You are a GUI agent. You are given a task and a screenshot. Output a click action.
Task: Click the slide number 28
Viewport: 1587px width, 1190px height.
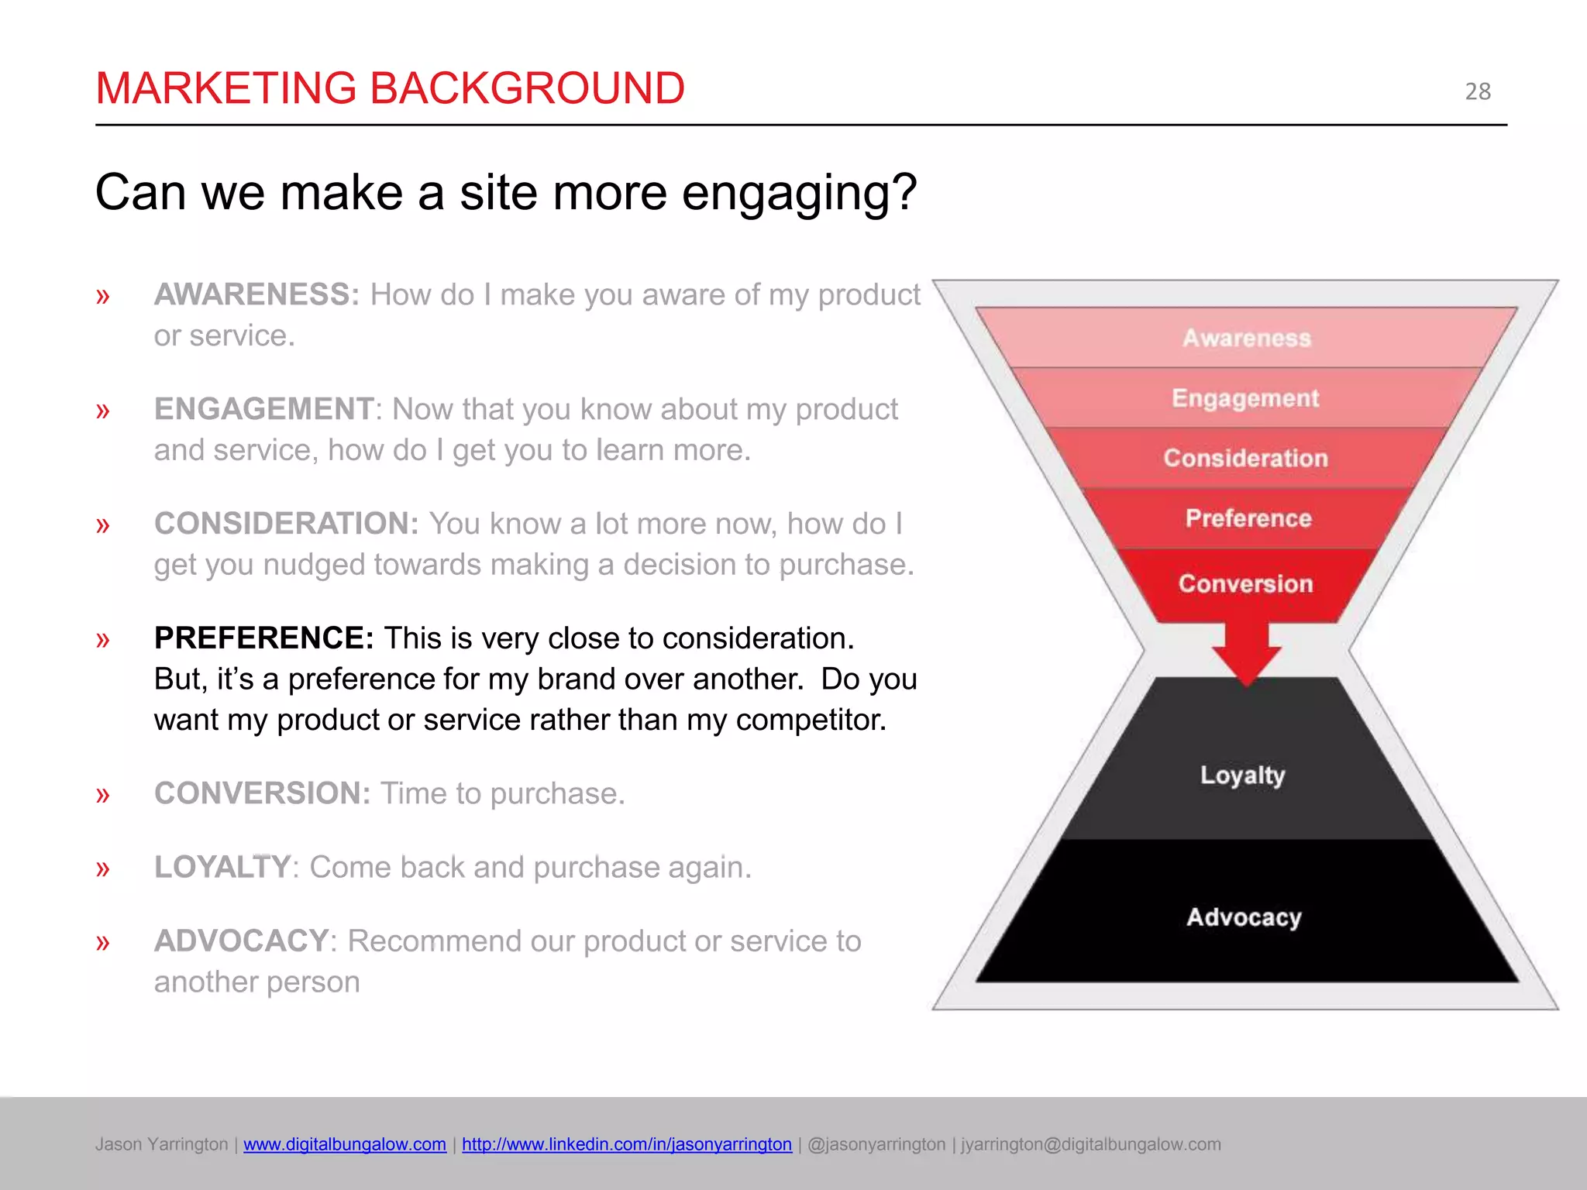pos(1477,91)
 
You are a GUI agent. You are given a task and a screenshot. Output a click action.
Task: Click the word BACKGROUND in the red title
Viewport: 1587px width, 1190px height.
pos(527,88)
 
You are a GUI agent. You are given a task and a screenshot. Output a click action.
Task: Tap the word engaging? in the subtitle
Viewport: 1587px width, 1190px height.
pos(799,193)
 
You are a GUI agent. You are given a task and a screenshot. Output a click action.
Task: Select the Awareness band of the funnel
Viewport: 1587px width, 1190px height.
pos(1246,338)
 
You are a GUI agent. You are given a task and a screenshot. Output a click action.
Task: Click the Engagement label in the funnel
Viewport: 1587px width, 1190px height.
pos(1244,398)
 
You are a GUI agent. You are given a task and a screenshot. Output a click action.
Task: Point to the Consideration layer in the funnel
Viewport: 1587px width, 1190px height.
pos(1245,458)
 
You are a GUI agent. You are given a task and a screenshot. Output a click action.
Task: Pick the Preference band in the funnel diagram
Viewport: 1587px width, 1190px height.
pos(1248,518)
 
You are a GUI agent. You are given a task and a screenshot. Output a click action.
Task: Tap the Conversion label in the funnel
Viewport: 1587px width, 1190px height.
pos(1245,583)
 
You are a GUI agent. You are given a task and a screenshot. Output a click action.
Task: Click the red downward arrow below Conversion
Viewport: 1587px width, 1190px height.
pos(1246,655)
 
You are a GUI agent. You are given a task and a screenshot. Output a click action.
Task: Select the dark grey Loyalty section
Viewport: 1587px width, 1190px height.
pos(1242,775)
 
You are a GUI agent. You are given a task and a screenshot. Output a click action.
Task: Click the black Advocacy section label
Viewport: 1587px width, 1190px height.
pos(1244,917)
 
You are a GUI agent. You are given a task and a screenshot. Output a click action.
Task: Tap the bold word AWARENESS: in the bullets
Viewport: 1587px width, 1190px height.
pos(256,295)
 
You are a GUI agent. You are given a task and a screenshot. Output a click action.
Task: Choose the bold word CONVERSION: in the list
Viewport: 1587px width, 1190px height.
pos(262,793)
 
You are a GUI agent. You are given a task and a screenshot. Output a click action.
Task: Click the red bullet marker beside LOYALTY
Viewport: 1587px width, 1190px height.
pos(103,868)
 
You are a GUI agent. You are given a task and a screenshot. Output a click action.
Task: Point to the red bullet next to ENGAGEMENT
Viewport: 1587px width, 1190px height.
pos(103,411)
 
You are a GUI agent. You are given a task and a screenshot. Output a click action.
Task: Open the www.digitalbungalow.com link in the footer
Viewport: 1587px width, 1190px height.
pos(344,1144)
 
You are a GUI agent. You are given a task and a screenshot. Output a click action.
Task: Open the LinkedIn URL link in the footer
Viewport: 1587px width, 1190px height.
pos(626,1144)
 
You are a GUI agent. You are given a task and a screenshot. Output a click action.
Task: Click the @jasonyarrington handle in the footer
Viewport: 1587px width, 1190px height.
pos(876,1144)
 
